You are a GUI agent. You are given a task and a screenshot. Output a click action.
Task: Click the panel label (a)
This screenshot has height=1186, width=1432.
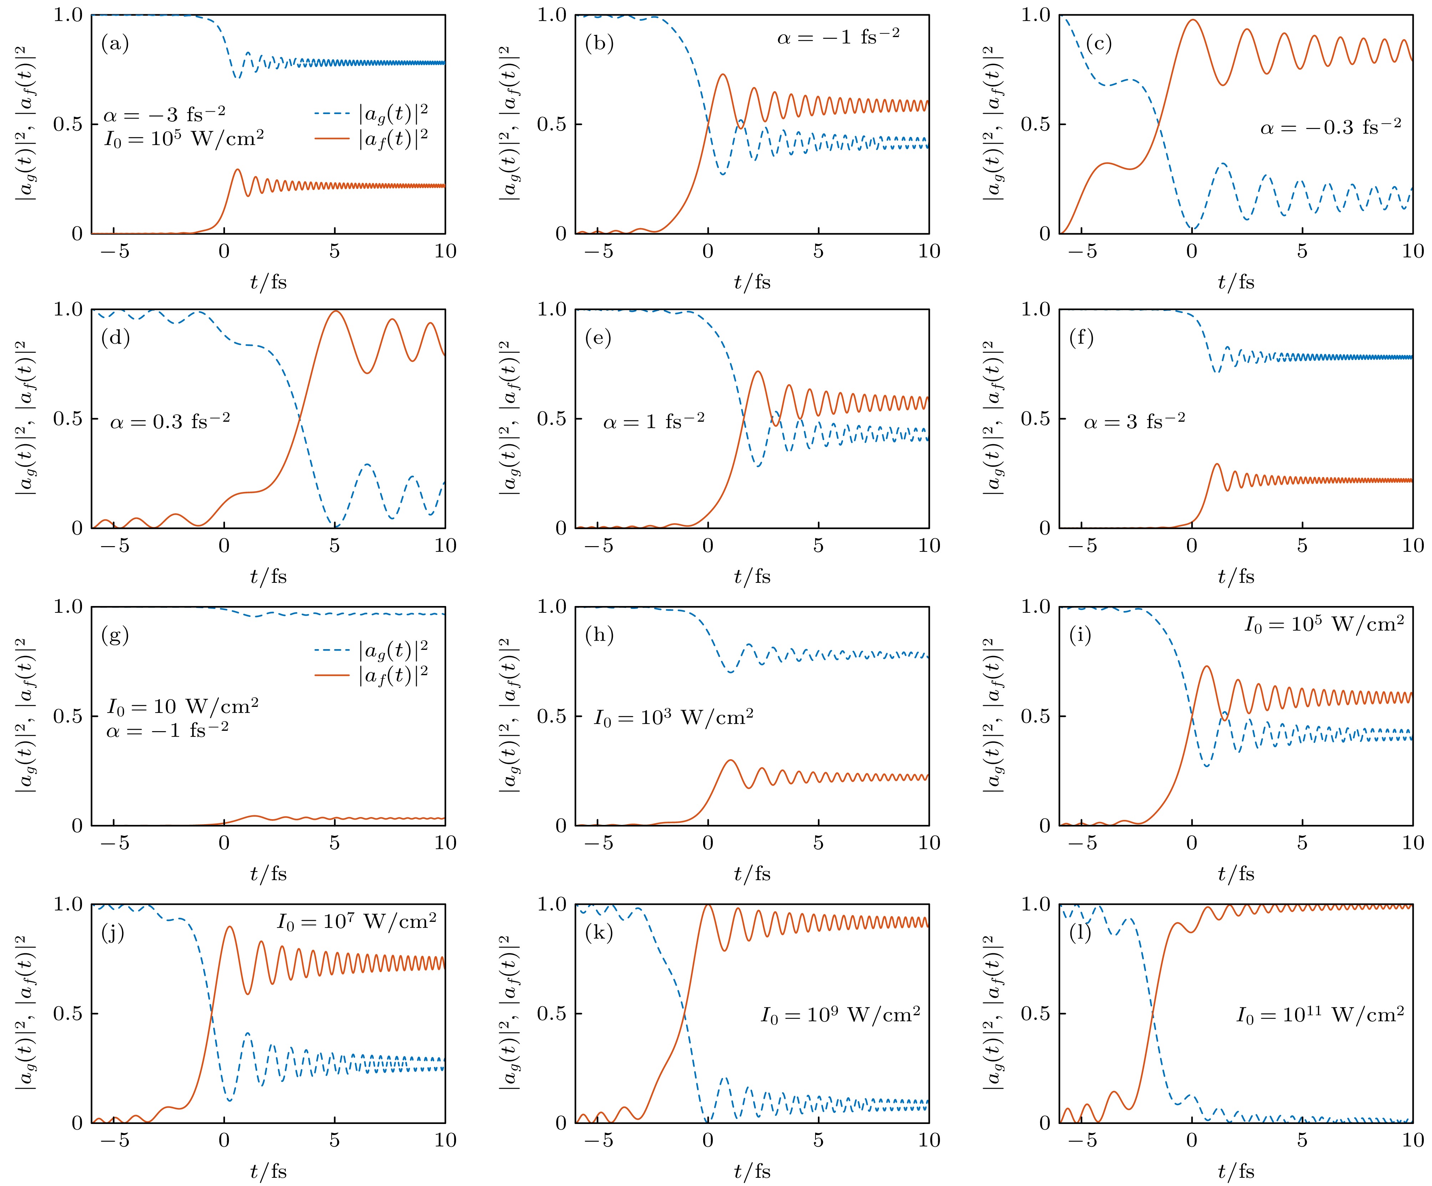[x=114, y=44]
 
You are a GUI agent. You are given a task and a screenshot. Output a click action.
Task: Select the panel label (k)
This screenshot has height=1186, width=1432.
[x=599, y=933]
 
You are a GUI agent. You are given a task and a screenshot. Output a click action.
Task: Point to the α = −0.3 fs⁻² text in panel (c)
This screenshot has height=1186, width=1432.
[x=1330, y=127]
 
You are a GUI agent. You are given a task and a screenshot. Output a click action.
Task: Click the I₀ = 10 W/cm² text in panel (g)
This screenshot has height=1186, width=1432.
[x=183, y=706]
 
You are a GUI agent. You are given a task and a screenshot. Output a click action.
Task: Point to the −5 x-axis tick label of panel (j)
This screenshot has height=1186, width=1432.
[x=114, y=1140]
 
